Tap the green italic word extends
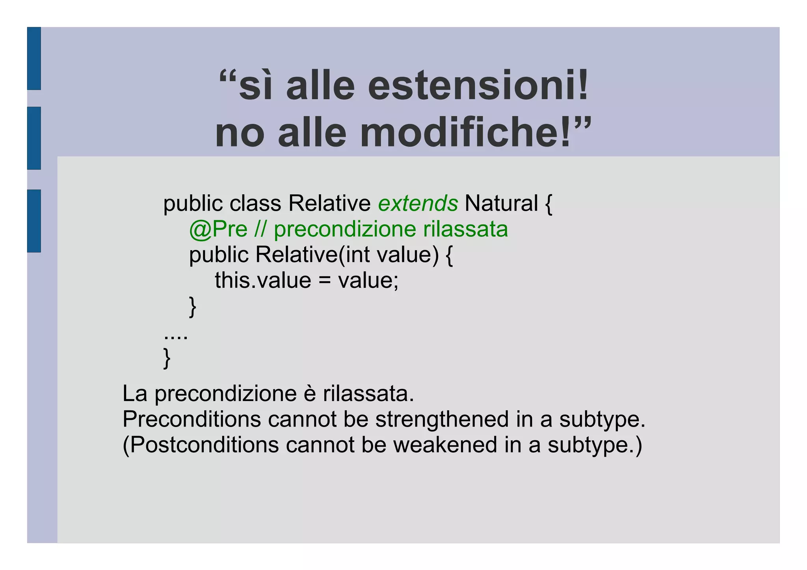(418, 204)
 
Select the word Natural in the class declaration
(501, 204)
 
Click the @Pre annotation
(218, 229)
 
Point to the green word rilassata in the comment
(465, 229)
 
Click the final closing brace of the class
(167, 358)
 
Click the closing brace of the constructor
(193, 306)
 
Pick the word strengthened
(442, 419)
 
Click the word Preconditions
(192, 419)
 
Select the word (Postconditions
(201, 445)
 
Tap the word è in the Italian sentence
(310, 394)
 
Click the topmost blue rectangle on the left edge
(34, 58)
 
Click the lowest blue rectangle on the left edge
(34, 221)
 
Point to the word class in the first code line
(255, 204)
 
